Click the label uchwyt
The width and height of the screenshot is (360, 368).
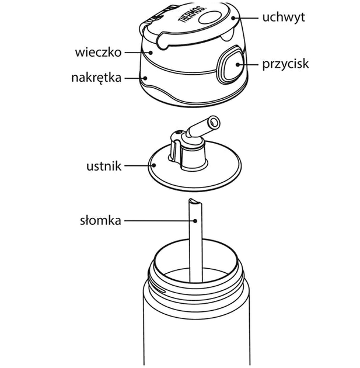pyautogui.click(x=284, y=18)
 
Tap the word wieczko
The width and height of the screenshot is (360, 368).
pyautogui.click(x=98, y=53)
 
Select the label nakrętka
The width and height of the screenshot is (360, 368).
pyautogui.click(x=96, y=78)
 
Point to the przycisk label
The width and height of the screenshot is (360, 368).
pyautogui.click(x=285, y=64)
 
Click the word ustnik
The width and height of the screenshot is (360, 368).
pyautogui.click(x=104, y=166)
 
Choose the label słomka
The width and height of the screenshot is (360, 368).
pyautogui.click(x=100, y=221)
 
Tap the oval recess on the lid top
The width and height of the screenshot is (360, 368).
pyautogui.click(x=209, y=19)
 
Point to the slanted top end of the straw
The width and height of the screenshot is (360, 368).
pyautogui.click(x=195, y=201)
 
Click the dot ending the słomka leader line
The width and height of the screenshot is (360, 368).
pyautogui.click(x=195, y=221)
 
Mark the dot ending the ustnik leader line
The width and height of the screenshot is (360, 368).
pyautogui.click(x=154, y=165)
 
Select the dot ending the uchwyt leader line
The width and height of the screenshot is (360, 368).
pyautogui.click(x=233, y=18)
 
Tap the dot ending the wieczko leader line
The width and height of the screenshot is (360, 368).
pyautogui.click(x=151, y=53)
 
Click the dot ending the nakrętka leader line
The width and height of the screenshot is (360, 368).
pyautogui.click(x=145, y=78)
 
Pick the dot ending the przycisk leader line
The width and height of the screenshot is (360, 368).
pyautogui.click(x=237, y=64)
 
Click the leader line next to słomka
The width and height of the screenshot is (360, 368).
pyautogui.click(x=160, y=221)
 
